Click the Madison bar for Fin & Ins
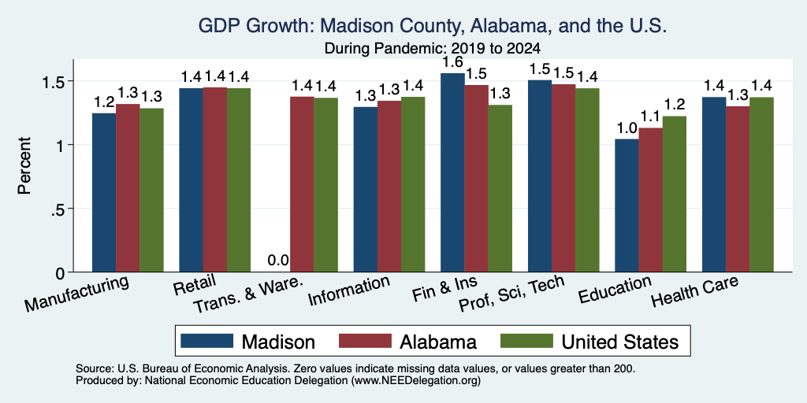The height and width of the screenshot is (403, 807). pyautogui.click(x=452, y=172)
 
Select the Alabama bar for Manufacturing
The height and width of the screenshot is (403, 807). pyautogui.click(x=128, y=188)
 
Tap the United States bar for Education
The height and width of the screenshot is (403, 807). pyautogui.click(x=675, y=194)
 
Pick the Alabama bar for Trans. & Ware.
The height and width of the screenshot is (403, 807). pyautogui.click(x=302, y=184)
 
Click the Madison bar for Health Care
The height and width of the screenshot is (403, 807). pyautogui.click(x=714, y=184)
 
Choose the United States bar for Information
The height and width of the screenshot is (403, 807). pyautogui.click(x=413, y=184)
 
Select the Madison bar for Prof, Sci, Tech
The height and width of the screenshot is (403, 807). pyautogui.click(x=539, y=176)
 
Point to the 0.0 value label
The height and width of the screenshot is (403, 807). pyautogui.click(x=278, y=261)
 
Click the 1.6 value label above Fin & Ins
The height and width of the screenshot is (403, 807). pyautogui.click(x=452, y=62)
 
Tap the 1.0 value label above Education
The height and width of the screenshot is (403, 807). pyautogui.click(x=627, y=128)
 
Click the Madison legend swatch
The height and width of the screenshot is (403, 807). pyautogui.click(x=207, y=341)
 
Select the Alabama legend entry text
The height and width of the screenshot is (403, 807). pyautogui.click(x=438, y=342)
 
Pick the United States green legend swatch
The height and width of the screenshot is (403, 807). pyautogui.click(x=526, y=341)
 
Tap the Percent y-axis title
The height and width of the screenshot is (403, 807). pyautogui.click(x=24, y=165)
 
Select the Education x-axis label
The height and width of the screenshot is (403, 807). pyautogui.click(x=615, y=289)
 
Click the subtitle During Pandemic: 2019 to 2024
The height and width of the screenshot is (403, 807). pyautogui.click(x=433, y=49)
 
